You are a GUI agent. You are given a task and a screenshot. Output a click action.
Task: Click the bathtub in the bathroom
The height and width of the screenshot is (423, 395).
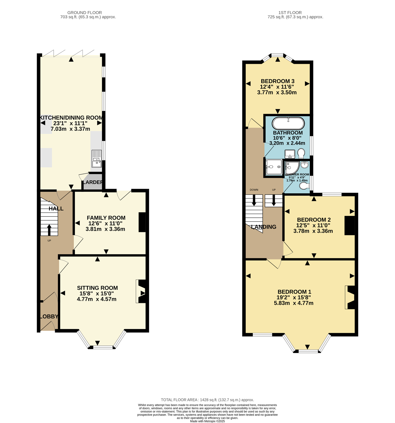(288, 123)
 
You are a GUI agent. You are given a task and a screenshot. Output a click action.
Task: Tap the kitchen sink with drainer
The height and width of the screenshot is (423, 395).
(96, 158)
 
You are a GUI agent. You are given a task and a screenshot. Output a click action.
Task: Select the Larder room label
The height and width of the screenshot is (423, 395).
(93, 182)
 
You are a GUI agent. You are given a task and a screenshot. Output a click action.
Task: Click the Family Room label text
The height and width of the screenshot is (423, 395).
(106, 218)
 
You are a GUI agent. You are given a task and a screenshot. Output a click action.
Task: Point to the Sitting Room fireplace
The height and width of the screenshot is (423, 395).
(141, 291)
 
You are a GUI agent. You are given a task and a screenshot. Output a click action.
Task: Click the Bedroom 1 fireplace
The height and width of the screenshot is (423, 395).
(350, 297)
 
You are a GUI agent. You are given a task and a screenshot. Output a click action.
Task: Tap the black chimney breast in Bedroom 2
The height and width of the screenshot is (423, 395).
(350, 226)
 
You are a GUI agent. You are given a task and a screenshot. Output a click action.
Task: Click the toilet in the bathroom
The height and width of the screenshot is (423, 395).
(301, 153)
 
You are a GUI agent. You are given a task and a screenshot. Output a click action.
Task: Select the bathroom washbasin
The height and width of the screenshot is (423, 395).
(290, 154)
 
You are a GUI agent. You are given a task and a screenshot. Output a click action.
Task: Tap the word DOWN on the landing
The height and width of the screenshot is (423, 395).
(254, 190)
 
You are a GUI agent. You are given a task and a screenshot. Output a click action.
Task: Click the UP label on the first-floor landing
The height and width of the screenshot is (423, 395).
(274, 190)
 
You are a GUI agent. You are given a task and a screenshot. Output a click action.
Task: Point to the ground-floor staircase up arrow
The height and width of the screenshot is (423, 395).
(49, 230)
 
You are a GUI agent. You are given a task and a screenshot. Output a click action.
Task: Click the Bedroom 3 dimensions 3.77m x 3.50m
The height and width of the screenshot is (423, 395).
(277, 92)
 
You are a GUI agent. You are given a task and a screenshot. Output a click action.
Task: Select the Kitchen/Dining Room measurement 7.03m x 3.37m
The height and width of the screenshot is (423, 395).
(70, 129)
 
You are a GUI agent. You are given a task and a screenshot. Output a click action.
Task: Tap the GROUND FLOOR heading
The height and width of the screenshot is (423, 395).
(85, 13)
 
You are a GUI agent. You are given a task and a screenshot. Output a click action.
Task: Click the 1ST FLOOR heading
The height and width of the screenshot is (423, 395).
(290, 13)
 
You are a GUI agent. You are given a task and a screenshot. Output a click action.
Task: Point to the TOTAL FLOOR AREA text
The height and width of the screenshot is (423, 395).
(207, 400)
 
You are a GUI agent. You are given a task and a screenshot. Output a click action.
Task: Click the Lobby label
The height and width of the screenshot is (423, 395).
(49, 316)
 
